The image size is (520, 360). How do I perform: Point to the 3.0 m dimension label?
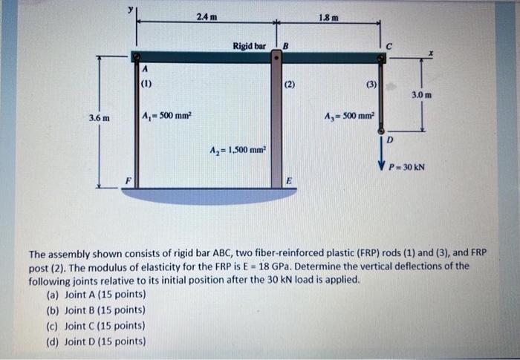(421, 95)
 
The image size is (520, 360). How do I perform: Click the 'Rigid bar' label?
(249, 45)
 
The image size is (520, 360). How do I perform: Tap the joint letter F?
(127, 180)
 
